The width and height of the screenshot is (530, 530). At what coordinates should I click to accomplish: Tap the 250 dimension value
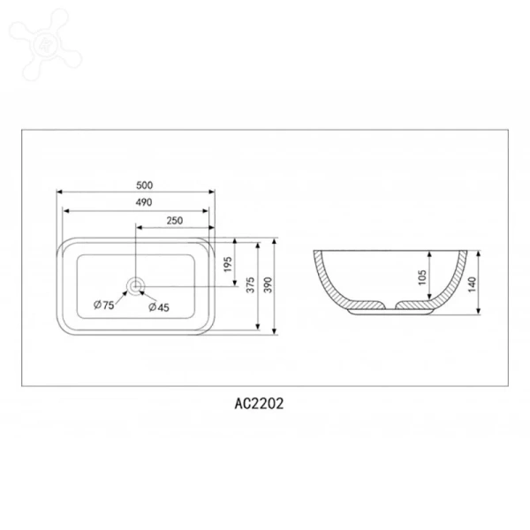[x=174, y=221]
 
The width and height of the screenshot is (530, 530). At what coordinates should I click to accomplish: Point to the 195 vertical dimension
[x=227, y=263]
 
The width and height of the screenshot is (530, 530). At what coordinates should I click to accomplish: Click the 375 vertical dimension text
[x=251, y=284]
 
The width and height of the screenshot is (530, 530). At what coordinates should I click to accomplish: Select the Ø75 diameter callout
[x=103, y=305]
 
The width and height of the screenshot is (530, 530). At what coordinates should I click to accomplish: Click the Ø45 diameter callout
[x=159, y=307]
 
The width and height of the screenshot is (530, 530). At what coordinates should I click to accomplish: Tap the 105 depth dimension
[x=422, y=276]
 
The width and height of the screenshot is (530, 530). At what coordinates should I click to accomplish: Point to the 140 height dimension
[x=473, y=284]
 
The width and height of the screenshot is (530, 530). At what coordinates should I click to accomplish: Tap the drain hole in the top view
[x=135, y=285]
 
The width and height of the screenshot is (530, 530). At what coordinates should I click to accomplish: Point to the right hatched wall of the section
[x=454, y=281]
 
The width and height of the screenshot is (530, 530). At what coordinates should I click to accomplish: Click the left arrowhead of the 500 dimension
[x=58, y=192]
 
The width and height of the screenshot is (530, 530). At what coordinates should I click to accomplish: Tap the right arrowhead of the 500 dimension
[x=213, y=192]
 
